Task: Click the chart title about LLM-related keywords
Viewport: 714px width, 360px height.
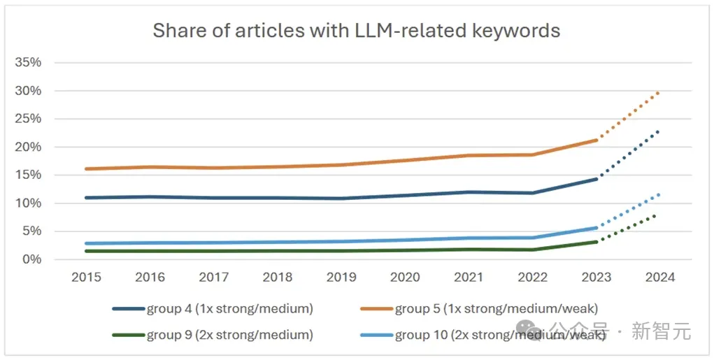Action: coord(356,31)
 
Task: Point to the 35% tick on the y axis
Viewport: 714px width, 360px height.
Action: coord(29,63)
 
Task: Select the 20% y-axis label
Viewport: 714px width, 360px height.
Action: coord(29,147)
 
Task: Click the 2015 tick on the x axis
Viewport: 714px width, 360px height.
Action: coord(87,278)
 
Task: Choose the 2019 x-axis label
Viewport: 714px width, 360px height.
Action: coord(341,278)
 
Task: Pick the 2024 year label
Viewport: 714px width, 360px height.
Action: coord(659,278)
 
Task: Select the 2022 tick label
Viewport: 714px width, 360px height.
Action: coord(532,278)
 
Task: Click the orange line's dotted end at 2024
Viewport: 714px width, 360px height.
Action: coord(659,92)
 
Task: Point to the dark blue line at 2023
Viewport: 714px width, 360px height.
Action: coord(596,179)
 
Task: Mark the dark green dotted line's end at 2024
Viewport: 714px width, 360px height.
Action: coord(656,215)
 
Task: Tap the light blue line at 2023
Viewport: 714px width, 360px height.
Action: coord(596,227)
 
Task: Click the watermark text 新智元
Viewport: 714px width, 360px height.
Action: coord(662,331)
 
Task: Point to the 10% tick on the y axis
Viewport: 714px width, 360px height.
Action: coord(29,203)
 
